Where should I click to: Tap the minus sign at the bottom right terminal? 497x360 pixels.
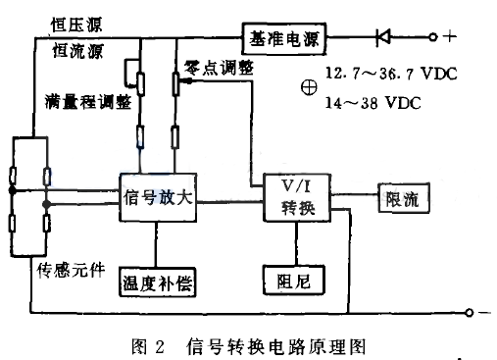point(481,314)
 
